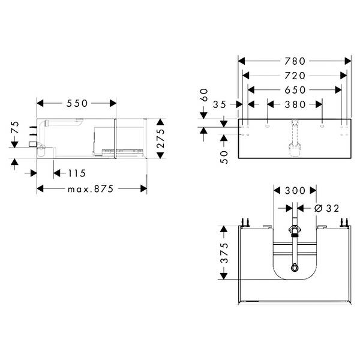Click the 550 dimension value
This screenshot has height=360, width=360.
(x=77, y=103)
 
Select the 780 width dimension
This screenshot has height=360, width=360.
(x=295, y=61)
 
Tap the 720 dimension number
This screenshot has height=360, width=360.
(x=295, y=76)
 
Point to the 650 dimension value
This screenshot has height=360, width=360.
(x=295, y=90)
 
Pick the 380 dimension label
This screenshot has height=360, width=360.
(x=295, y=104)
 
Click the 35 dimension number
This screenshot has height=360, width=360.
(x=220, y=104)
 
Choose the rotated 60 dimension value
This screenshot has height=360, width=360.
(x=204, y=95)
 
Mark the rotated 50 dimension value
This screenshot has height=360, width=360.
(x=224, y=157)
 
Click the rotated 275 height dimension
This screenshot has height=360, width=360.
(x=160, y=138)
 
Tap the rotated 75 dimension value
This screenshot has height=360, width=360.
(x=14, y=127)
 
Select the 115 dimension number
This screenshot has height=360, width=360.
(x=77, y=173)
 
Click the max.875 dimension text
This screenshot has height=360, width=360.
(x=91, y=189)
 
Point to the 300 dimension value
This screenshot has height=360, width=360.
(x=295, y=191)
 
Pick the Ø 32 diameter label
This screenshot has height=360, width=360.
(x=326, y=208)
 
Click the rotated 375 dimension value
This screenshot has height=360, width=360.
(x=224, y=253)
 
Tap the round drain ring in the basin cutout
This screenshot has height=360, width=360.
(x=295, y=268)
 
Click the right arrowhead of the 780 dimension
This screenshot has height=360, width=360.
(x=348, y=61)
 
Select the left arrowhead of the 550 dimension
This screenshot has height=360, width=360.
(x=40, y=103)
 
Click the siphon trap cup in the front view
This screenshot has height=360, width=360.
(x=295, y=149)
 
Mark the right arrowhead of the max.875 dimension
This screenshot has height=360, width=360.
(x=144, y=189)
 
